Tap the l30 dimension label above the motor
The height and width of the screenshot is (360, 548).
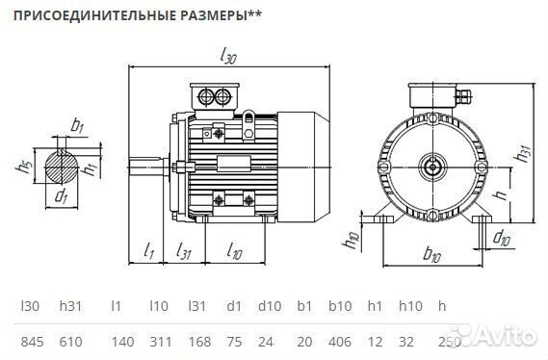pyautogui.click(x=228, y=57)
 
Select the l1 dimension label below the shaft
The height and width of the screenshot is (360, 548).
pyautogui.click(x=148, y=251)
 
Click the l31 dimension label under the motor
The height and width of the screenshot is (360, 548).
pyautogui.click(x=185, y=251)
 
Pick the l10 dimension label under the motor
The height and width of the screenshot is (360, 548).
pyautogui.click(x=234, y=251)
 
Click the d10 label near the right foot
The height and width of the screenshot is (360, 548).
pyautogui.click(x=501, y=236)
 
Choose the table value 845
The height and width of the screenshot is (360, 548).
pyautogui.click(x=31, y=341)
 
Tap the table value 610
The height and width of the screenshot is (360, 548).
pyautogui.click(x=71, y=341)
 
